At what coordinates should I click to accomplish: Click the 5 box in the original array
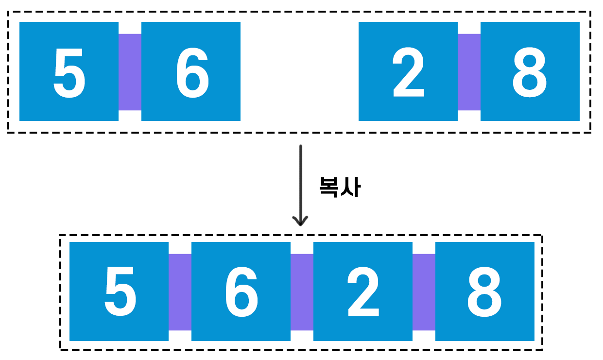tap(69, 71)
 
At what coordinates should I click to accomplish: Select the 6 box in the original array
tap(191, 71)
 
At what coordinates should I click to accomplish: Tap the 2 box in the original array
tap(408, 71)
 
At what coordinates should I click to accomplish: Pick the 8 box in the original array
tap(530, 71)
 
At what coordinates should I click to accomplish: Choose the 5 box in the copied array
tap(119, 291)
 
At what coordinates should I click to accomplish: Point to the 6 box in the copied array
tap(241, 291)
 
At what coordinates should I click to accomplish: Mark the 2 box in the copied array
tap(363, 291)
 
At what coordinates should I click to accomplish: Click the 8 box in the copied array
tap(485, 291)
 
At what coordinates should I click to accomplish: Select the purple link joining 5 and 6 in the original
tap(130, 72)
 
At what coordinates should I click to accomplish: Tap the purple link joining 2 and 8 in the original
tap(469, 72)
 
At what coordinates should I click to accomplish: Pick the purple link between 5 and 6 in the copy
tap(180, 292)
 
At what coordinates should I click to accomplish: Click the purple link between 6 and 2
tap(302, 292)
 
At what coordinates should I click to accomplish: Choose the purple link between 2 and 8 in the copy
tap(424, 292)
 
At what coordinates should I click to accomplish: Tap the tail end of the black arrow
tap(301, 147)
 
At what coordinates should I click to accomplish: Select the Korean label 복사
tap(340, 187)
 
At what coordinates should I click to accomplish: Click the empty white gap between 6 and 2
tap(299, 71)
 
